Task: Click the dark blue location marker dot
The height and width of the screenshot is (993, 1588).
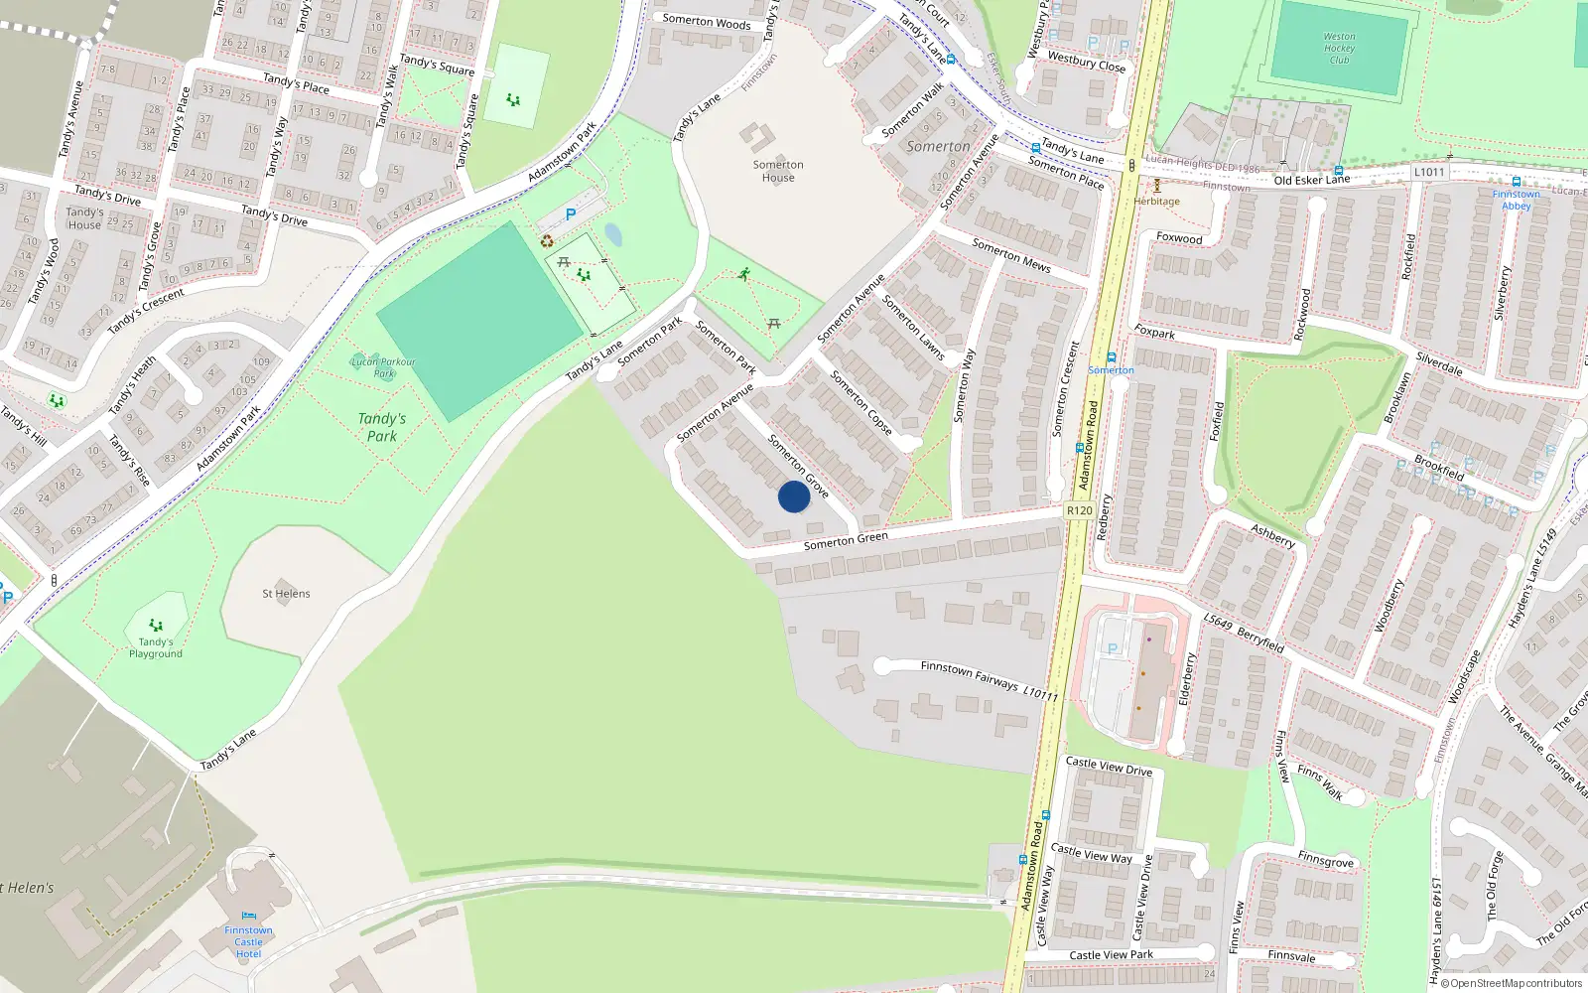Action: click(x=793, y=496)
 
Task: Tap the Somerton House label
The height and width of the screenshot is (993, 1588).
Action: click(x=778, y=171)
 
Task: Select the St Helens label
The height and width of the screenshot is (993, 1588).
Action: click(x=286, y=594)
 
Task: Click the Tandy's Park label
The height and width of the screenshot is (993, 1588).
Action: click(x=382, y=427)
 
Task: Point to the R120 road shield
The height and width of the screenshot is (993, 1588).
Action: click(x=1079, y=510)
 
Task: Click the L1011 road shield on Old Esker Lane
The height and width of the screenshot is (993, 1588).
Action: click(x=1428, y=172)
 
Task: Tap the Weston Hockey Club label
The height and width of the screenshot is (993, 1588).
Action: click(x=1339, y=48)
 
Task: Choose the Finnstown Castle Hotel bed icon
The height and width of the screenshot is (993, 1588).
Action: click(x=248, y=916)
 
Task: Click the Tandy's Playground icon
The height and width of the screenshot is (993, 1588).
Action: click(x=156, y=626)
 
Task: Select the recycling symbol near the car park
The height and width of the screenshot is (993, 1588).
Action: click(x=547, y=240)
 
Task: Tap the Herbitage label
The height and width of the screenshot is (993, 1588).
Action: click(x=1157, y=202)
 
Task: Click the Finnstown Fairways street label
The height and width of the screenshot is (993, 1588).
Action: click(x=970, y=675)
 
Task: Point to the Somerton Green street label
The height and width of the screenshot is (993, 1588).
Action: click(x=846, y=540)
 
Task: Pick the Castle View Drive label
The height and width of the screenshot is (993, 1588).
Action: click(x=1109, y=767)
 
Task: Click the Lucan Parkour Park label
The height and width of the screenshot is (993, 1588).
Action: click(x=383, y=367)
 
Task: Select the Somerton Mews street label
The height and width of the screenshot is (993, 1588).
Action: click(x=1010, y=255)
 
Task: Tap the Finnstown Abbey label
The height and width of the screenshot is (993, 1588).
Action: click(x=1516, y=200)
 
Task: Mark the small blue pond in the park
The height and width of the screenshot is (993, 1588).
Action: click(x=613, y=234)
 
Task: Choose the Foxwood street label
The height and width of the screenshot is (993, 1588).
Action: click(x=1179, y=238)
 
